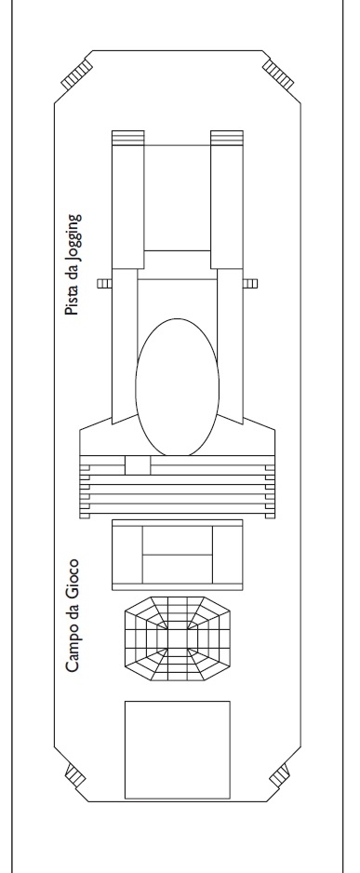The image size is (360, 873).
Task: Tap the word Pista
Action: pyautogui.click(x=72, y=302)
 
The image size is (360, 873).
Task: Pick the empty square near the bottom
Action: pyautogui.click(x=178, y=750)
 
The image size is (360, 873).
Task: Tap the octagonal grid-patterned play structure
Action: pyautogui.click(x=178, y=638)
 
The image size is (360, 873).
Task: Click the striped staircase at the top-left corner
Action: pyautogui.click(x=77, y=75)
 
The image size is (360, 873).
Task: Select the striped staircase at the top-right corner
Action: pyautogui.click(x=277, y=75)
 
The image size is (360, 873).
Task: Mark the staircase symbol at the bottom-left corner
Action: pyautogui.click(x=75, y=775)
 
